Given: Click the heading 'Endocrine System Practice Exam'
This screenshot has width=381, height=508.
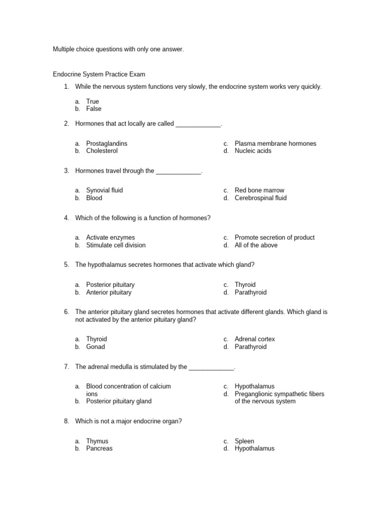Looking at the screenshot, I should coord(99,74).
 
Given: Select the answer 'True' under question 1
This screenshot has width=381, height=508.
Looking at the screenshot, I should coord(92,102).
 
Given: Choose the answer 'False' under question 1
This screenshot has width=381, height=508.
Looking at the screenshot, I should coord(93,109).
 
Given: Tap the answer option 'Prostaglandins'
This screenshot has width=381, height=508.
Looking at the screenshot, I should coord(107,144).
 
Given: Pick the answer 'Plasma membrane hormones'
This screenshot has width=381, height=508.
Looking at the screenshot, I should coord(275,144).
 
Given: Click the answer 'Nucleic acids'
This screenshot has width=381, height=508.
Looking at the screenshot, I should coord(253,151).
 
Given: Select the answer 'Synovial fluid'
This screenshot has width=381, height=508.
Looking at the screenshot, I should coord(104,190).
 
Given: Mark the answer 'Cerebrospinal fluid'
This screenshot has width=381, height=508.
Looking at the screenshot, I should coord(260,198).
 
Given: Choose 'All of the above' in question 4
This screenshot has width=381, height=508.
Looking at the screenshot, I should coord(256,245).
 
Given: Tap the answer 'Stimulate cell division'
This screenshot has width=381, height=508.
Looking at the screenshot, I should coord(116,245).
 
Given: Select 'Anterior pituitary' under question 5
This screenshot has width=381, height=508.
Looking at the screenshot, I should coord(109,292).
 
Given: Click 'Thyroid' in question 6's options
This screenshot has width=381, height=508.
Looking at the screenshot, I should coord(96,339).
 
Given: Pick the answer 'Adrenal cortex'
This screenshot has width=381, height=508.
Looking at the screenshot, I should coord(254,339).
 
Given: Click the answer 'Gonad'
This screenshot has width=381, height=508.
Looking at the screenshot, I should coord(95,347).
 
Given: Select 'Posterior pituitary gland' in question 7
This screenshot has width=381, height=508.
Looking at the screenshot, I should coord(119,401).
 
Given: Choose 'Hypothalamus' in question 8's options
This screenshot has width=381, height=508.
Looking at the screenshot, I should coord(254,448).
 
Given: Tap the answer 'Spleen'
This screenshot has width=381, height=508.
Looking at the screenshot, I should coord(244,441).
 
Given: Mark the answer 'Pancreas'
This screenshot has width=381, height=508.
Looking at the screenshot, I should coord(99,448).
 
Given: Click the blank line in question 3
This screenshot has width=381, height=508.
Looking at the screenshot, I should coord(179,172).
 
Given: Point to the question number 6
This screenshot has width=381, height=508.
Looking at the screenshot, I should coord(66,312).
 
